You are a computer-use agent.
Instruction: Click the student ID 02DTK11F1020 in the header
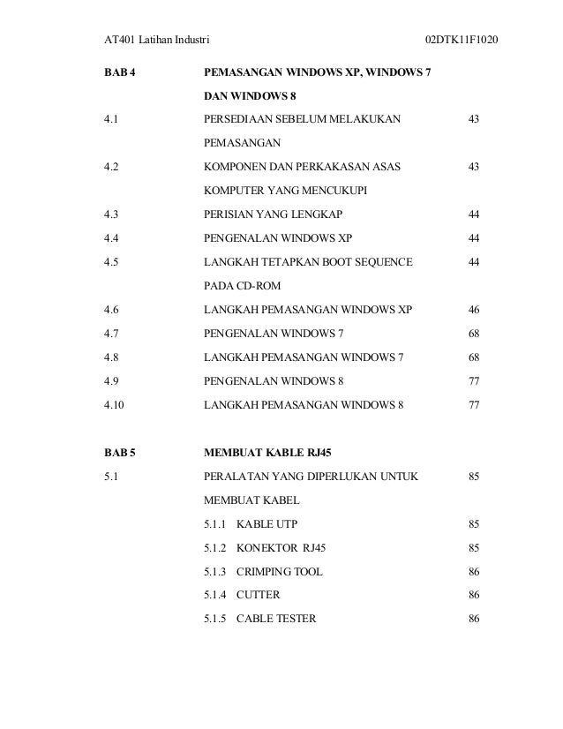(x=462, y=41)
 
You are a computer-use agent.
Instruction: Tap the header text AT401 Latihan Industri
(x=156, y=41)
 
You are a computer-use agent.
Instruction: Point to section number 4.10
(x=115, y=406)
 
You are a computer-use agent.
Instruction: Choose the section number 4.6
(x=111, y=311)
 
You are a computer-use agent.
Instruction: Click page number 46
(x=474, y=311)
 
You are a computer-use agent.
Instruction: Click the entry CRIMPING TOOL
(x=280, y=572)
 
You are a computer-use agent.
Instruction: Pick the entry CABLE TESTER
(x=276, y=620)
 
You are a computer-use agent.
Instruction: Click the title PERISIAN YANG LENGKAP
(x=274, y=215)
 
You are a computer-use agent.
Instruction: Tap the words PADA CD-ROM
(x=239, y=287)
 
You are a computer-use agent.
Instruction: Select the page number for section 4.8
(x=474, y=358)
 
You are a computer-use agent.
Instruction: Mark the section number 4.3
(x=111, y=215)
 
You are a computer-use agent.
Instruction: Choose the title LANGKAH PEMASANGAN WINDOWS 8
(x=304, y=406)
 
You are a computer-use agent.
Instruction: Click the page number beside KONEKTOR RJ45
(x=474, y=548)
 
